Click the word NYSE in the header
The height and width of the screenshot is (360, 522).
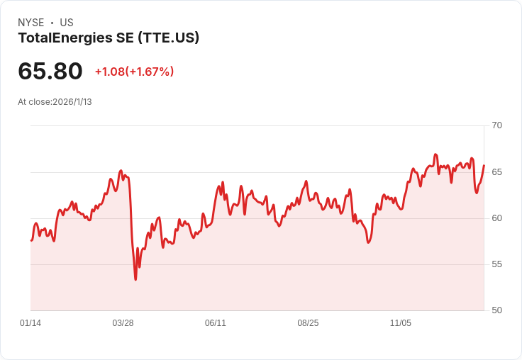pyautogui.click(x=31, y=22)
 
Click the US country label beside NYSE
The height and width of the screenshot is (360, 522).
pyautogui.click(x=67, y=22)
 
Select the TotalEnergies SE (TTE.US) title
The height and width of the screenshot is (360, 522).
pyautogui.click(x=109, y=38)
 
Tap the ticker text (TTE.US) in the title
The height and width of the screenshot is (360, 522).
pyautogui.click(x=169, y=38)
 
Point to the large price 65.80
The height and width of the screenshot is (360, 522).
pyautogui.click(x=50, y=71)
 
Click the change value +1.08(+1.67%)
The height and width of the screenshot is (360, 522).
pyautogui.click(x=135, y=72)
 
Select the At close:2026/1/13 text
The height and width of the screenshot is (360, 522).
pyautogui.click(x=55, y=102)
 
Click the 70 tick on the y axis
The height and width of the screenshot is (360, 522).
pyautogui.click(x=496, y=125)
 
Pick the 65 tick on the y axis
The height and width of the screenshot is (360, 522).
pyautogui.click(x=496, y=172)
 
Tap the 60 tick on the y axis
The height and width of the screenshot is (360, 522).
pyautogui.click(x=496, y=218)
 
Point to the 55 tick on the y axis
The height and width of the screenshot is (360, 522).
pyautogui.click(x=496, y=264)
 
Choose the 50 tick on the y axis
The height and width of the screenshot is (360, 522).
pyautogui.click(x=496, y=310)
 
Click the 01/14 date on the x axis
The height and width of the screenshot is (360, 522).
pyautogui.click(x=30, y=323)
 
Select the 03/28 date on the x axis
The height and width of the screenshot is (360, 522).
pyautogui.click(x=123, y=323)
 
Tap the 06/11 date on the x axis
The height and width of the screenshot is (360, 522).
pyautogui.click(x=216, y=323)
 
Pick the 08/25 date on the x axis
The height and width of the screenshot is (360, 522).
pyautogui.click(x=308, y=323)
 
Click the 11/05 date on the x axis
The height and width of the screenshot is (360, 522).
pyautogui.click(x=401, y=323)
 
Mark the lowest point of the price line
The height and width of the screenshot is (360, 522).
pyautogui.click(x=135, y=279)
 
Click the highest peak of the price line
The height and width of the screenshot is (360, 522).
pyautogui.click(x=435, y=154)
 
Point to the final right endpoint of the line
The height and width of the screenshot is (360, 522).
pyautogui.click(x=484, y=165)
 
